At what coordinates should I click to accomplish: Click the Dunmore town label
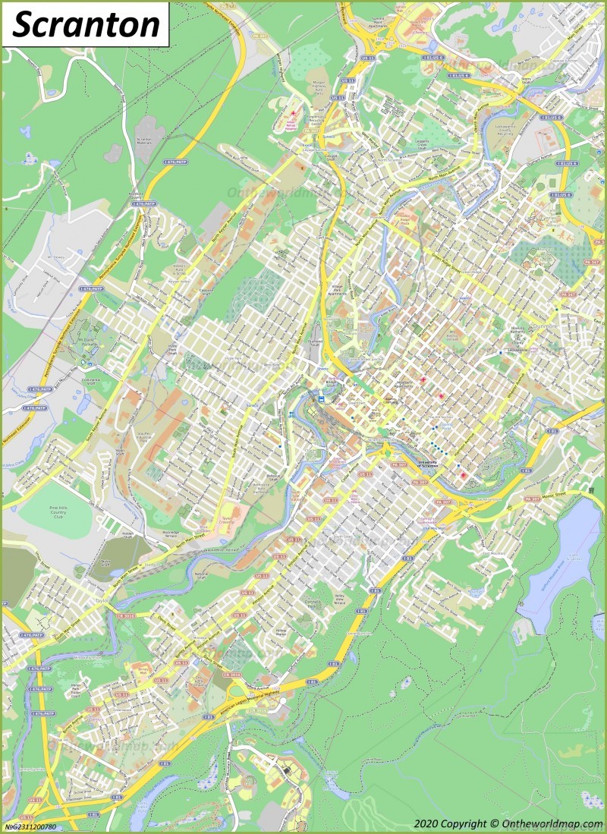point(544,326)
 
